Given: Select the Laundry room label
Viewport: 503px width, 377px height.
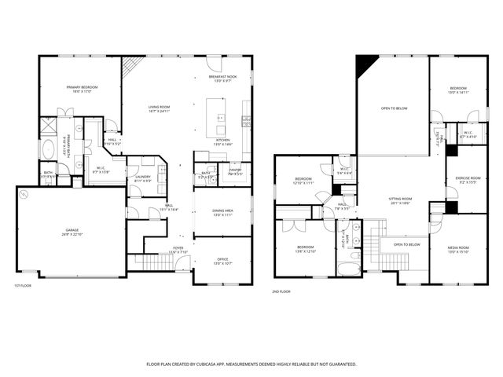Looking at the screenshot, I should coord(142,178).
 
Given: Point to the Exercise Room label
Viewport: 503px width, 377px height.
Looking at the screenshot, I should coord(468,179).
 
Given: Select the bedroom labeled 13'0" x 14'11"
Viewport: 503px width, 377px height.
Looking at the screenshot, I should coord(459,89).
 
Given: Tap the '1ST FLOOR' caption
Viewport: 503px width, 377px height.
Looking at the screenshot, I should coord(24,285).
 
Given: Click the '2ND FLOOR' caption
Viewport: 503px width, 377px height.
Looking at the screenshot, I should coord(281,291).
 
